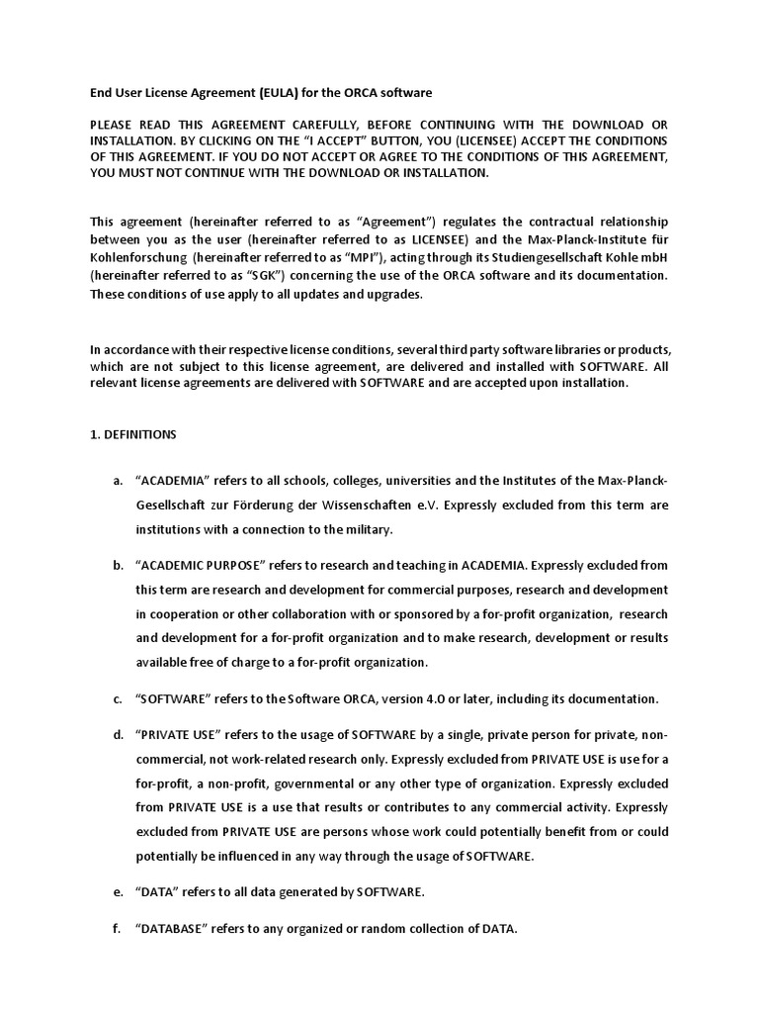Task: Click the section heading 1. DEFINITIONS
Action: click(132, 433)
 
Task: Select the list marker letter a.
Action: click(118, 481)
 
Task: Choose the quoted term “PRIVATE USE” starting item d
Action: click(177, 735)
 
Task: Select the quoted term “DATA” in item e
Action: click(157, 891)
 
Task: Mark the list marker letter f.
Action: click(117, 928)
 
